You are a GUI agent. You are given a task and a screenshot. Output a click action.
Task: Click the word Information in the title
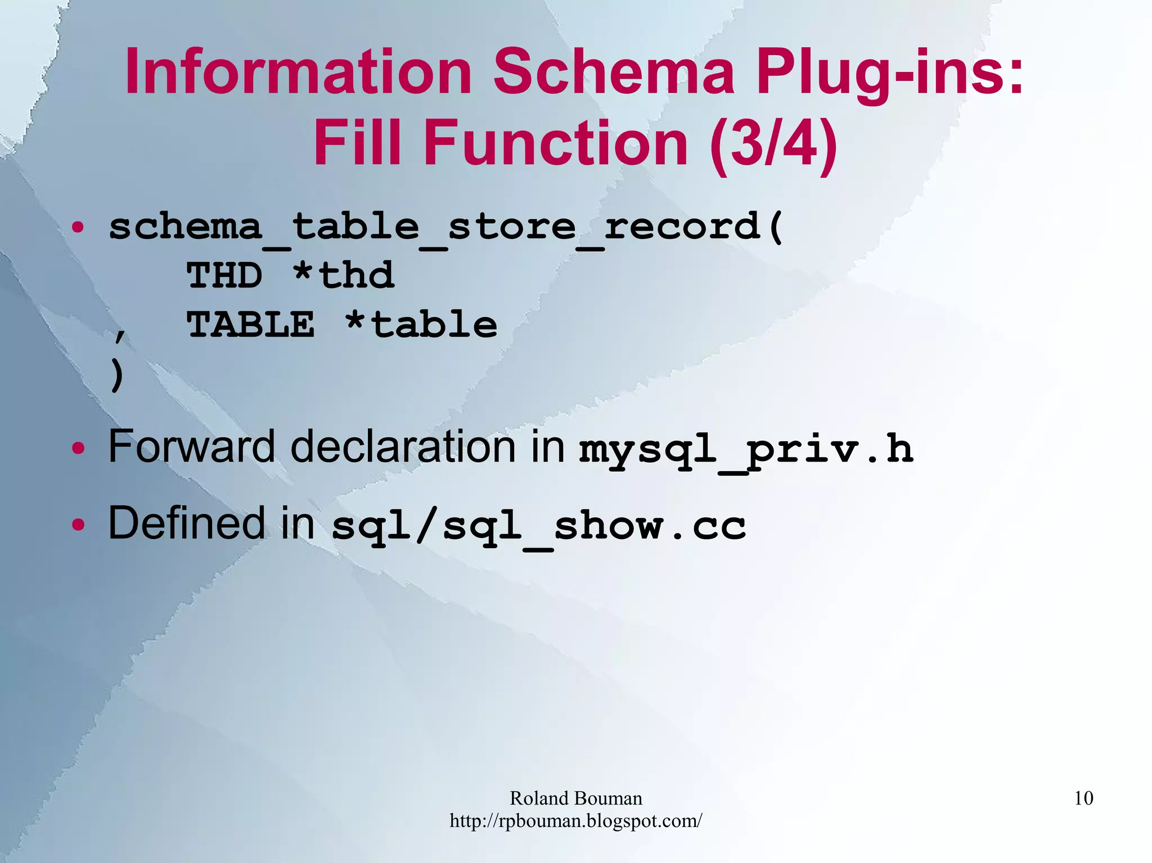pyautogui.click(x=298, y=72)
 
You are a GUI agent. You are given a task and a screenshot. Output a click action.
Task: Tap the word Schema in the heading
pyautogui.click(x=614, y=72)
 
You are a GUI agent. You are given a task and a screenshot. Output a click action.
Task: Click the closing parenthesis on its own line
pyautogui.click(x=116, y=375)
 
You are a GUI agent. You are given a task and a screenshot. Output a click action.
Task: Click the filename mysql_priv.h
pyautogui.click(x=746, y=450)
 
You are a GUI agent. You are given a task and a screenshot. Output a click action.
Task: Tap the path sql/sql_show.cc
pyautogui.click(x=539, y=527)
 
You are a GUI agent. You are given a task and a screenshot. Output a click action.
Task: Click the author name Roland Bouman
pyautogui.click(x=575, y=798)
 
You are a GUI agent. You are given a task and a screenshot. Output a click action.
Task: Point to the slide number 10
pyautogui.click(x=1083, y=798)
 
